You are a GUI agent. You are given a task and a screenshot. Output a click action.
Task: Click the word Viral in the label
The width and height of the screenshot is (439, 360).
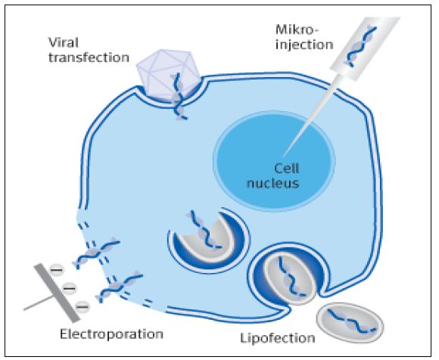click(x=64, y=43)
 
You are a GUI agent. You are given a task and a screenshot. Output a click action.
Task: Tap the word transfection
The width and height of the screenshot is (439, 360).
click(x=89, y=57)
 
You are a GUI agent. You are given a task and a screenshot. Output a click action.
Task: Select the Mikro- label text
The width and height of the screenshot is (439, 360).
click(x=297, y=29)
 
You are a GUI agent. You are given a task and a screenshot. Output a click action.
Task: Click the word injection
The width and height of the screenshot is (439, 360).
click(x=304, y=45)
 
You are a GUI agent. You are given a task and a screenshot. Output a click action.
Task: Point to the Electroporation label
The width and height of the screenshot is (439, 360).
click(x=112, y=334)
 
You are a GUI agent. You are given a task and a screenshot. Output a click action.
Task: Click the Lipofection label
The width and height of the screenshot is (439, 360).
click(x=278, y=338)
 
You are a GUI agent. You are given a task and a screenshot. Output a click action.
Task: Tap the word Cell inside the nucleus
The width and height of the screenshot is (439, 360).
click(x=286, y=169)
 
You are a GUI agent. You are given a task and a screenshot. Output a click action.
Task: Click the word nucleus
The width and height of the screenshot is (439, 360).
click(x=273, y=184)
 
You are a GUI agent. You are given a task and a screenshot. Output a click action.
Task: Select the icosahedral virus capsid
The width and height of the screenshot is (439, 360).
click(x=168, y=75)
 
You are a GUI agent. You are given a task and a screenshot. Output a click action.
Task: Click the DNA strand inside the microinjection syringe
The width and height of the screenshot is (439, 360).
click(x=362, y=46)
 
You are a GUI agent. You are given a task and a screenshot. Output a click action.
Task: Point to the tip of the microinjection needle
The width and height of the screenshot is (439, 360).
click(x=283, y=156)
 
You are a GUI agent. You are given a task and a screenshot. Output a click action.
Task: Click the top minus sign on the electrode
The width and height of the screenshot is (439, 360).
click(x=56, y=270)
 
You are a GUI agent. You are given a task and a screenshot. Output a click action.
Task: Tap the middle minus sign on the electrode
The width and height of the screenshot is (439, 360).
click(x=70, y=288)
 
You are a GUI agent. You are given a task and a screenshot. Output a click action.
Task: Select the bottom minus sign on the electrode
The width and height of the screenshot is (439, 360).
click(x=83, y=306)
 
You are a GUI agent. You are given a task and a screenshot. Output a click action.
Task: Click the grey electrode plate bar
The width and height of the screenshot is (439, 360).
click(x=57, y=293)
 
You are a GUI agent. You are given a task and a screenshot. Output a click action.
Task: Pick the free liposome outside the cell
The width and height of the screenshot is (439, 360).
click(x=350, y=323)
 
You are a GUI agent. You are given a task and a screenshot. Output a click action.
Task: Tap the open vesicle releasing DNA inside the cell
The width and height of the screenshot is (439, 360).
click(x=209, y=241)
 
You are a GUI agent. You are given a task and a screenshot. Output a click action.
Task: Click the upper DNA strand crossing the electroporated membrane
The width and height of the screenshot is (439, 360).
click(x=97, y=253)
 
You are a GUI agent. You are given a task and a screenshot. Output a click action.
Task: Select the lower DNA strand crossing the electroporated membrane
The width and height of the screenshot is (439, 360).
click(x=119, y=286)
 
